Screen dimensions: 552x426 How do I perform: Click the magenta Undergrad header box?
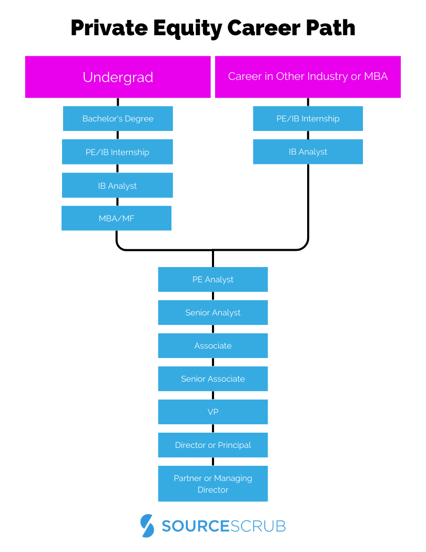click(118, 77)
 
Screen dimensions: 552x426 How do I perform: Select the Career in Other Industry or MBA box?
click(308, 77)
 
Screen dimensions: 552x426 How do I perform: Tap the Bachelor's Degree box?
click(118, 118)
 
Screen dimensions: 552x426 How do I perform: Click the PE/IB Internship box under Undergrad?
click(117, 152)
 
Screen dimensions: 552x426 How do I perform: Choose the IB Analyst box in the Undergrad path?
click(117, 186)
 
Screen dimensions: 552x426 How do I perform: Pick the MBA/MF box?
click(116, 218)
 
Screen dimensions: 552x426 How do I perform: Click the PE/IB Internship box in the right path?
click(308, 118)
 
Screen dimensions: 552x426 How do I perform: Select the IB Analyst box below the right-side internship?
click(308, 151)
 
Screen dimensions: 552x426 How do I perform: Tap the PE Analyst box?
click(213, 279)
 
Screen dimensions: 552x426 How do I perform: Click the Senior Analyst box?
click(213, 312)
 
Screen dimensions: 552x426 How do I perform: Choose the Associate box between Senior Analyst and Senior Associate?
click(213, 345)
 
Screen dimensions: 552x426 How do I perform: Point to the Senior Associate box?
click(213, 379)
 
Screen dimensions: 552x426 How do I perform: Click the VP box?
click(213, 412)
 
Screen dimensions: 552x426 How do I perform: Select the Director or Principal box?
click(213, 445)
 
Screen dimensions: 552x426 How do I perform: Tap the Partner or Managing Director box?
click(213, 484)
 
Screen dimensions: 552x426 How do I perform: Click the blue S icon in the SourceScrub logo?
click(148, 525)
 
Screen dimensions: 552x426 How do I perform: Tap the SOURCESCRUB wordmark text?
click(224, 526)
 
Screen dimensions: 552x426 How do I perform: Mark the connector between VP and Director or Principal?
click(213, 428)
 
